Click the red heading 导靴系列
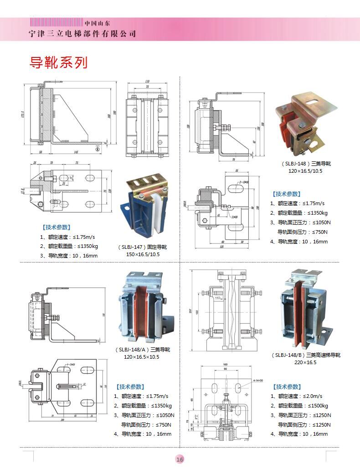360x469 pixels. [58, 62]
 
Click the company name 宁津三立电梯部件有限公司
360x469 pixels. [82, 34]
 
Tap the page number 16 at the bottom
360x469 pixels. [180, 459]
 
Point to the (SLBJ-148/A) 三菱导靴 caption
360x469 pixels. [143, 350]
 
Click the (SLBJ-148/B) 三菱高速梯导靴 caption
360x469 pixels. [306, 355]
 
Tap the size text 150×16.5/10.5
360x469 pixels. [143, 254]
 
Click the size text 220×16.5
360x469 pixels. [305, 362]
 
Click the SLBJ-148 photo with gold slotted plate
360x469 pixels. [306, 121]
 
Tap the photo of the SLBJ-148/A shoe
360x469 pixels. [143, 306]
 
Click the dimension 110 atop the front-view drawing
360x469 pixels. [147, 82]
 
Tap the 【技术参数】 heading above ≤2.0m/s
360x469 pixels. [287, 387]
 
